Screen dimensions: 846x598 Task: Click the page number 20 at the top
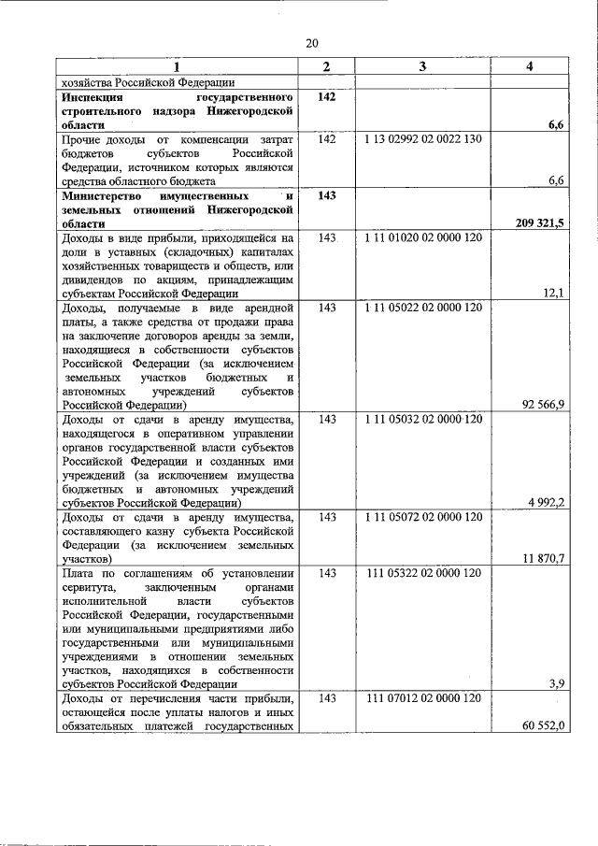point(312,43)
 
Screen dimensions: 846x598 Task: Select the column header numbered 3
point(422,66)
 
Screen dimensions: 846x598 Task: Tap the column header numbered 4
point(531,66)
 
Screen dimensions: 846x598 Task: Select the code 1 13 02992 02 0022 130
point(422,139)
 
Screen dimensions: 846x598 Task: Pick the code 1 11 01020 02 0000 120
point(423,238)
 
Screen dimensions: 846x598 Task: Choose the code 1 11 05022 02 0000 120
point(423,308)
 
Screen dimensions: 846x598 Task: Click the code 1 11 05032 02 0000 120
point(423,419)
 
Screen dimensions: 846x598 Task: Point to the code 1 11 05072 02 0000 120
point(423,517)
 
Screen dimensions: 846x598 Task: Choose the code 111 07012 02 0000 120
point(423,698)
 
